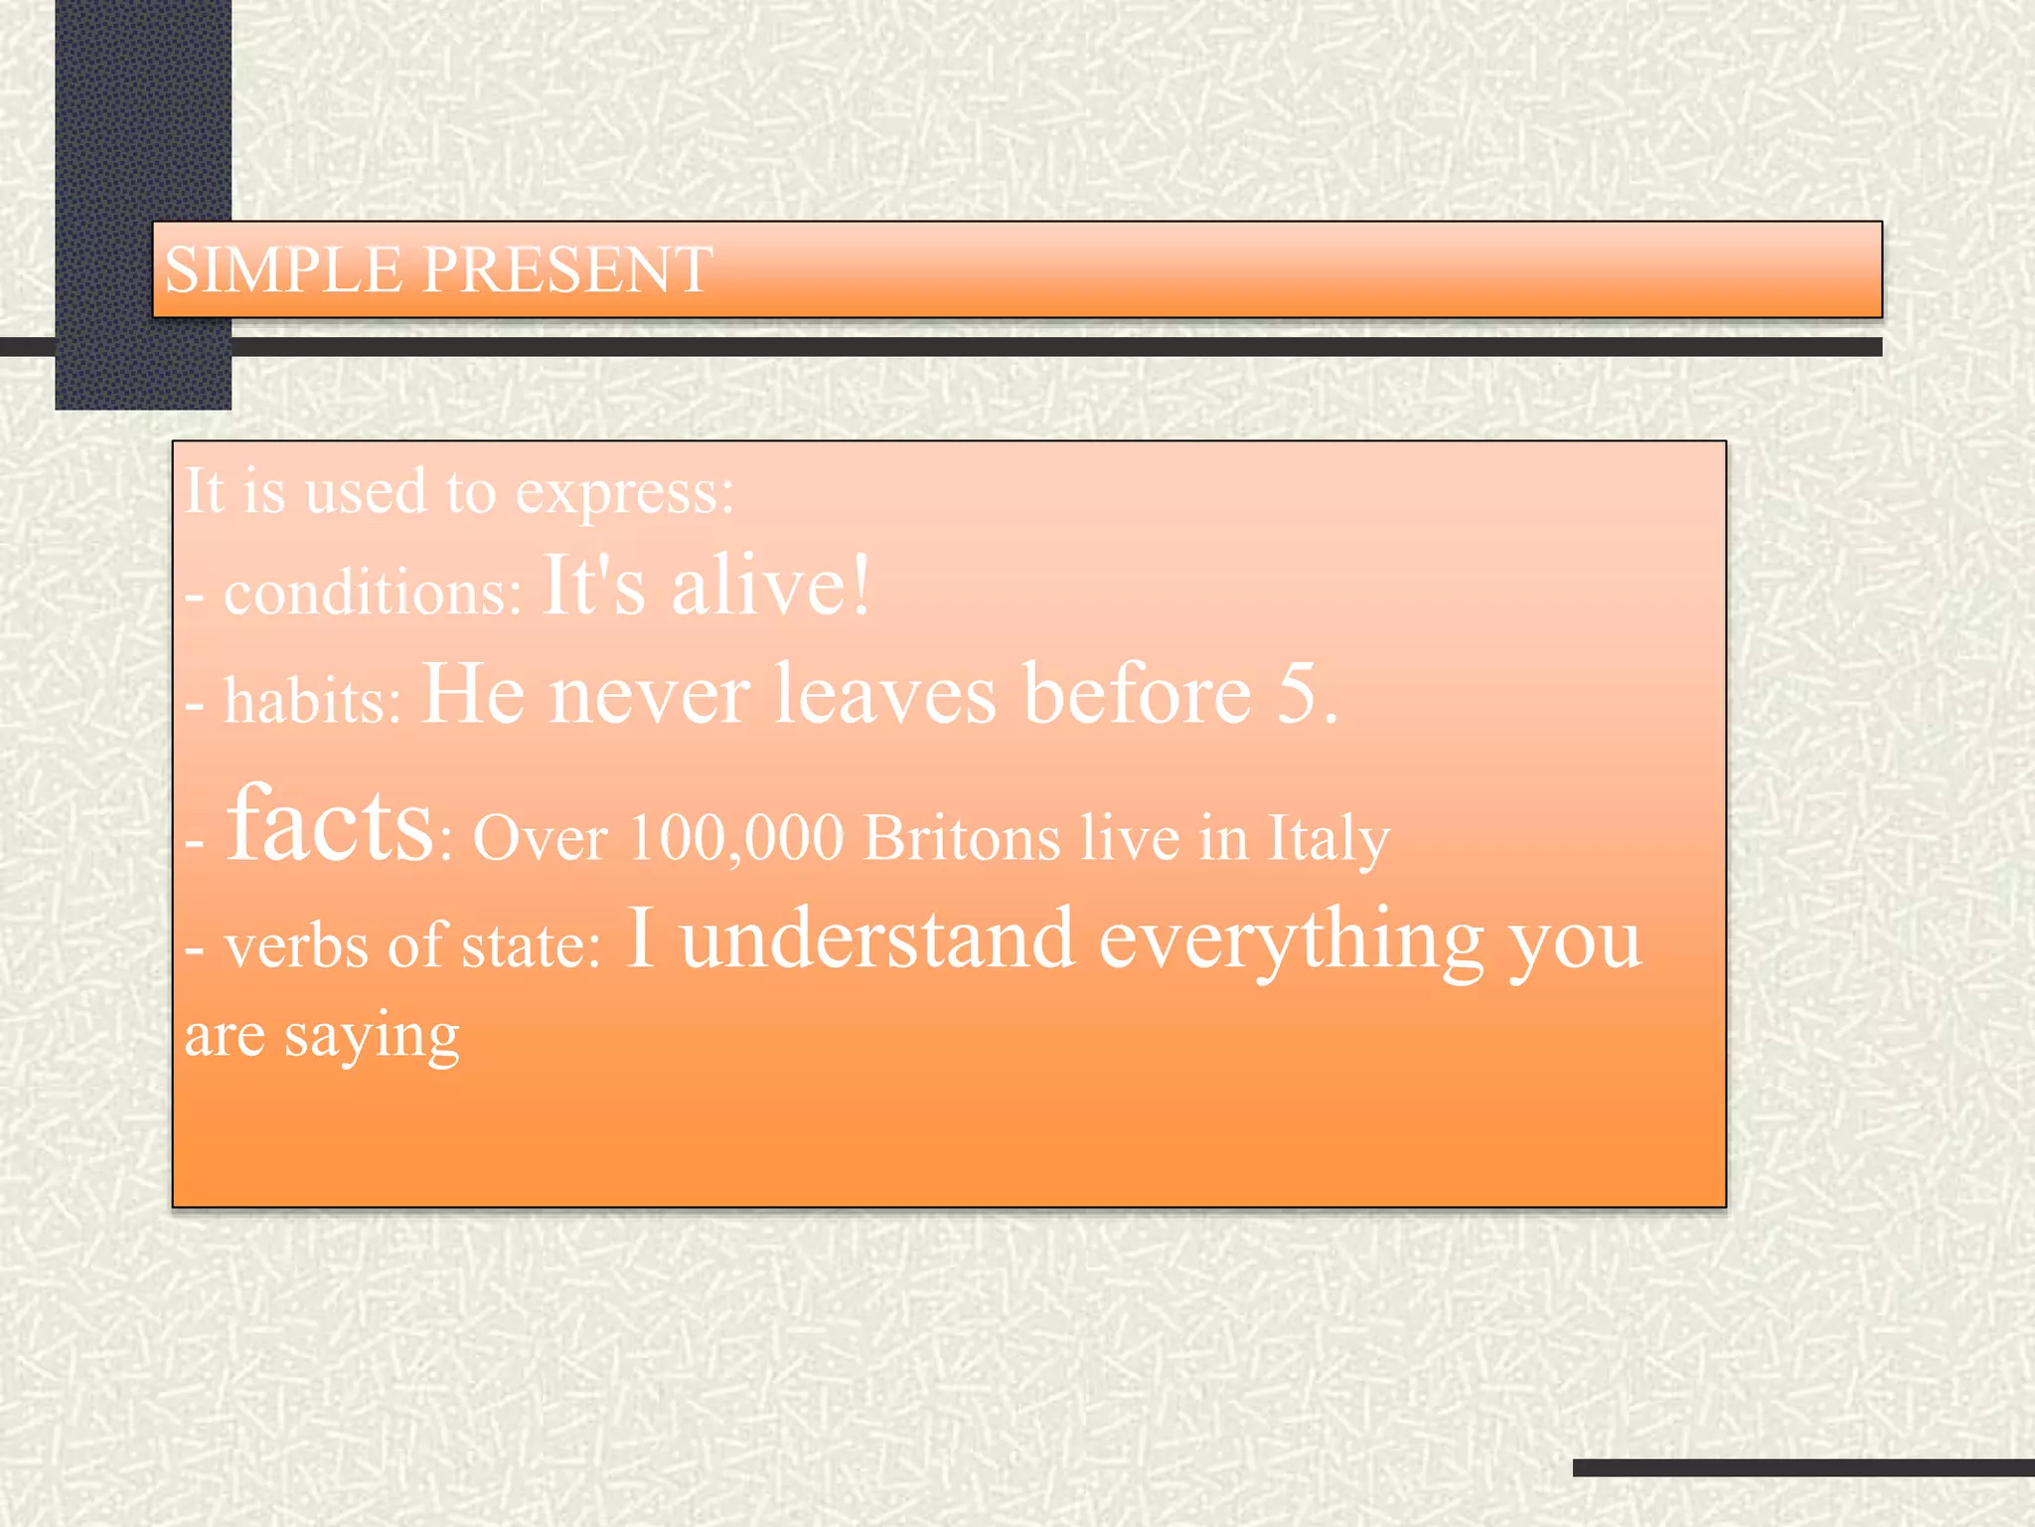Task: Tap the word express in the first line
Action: pyautogui.click(x=624, y=492)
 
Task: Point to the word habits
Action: pyautogui.click(x=312, y=700)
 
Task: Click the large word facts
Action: pyautogui.click(x=330, y=824)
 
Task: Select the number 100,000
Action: pyautogui.click(x=736, y=838)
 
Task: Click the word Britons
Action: pyautogui.click(x=962, y=838)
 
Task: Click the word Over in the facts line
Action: pyautogui.click(x=540, y=838)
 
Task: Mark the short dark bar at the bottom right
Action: pyautogui.click(x=1802, y=1467)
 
